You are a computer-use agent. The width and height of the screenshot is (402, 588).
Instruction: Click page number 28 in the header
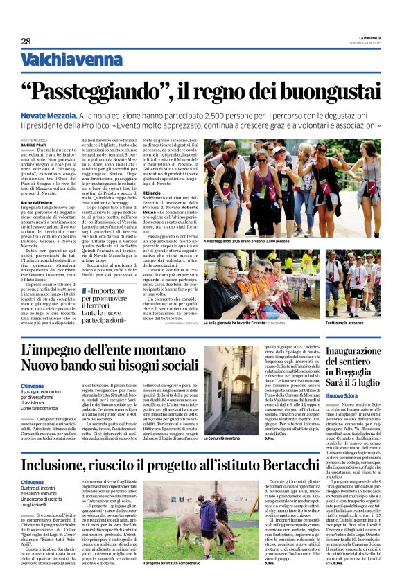point(26,41)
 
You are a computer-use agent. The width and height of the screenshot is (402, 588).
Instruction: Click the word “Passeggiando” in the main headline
point(107,91)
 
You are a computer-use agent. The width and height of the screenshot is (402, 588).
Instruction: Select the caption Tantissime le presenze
point(345,323)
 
